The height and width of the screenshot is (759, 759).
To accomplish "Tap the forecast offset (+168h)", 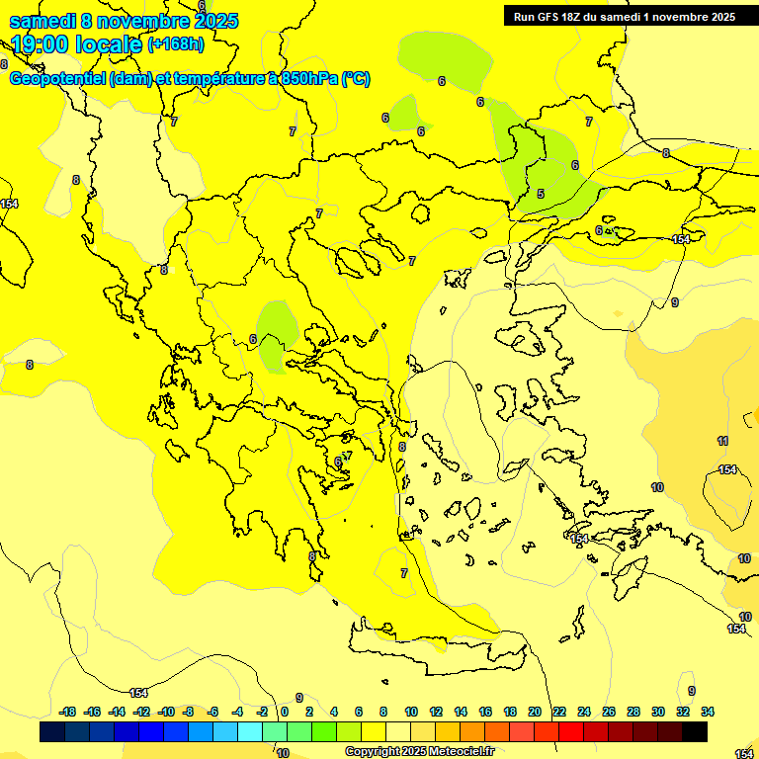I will pos(176,43).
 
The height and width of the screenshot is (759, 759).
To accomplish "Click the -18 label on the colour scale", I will pos(67,712).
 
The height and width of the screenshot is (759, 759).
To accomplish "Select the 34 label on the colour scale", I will pos(708,712).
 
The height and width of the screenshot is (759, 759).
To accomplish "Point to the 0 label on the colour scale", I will pos(285,712).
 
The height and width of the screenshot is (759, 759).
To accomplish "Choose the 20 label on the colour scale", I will pos(535,712).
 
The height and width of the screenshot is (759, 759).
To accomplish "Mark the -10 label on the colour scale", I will pos(166,712).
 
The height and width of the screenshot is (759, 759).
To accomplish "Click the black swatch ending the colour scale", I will pos(694,731).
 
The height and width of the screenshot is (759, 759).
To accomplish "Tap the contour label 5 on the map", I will pos(541,194).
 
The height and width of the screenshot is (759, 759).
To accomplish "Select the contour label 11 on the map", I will pos(722,441).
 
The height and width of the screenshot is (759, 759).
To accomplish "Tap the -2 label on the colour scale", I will pos(262,712).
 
